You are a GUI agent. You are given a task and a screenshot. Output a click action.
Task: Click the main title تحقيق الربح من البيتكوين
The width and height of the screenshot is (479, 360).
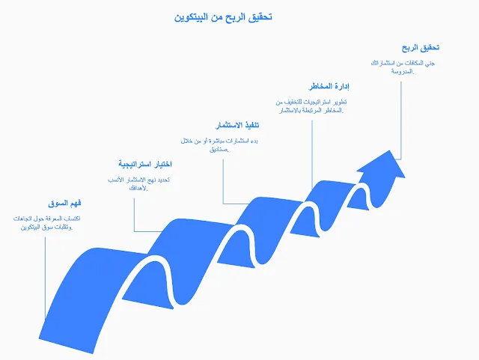coord(222,16)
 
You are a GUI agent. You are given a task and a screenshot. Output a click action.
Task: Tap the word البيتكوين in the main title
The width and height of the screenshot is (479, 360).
coord(192,16)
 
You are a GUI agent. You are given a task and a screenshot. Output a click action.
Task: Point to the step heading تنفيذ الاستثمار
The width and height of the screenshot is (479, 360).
coord(232,123)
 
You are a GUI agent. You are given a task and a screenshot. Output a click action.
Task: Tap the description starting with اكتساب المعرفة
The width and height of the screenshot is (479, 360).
coord(46,222)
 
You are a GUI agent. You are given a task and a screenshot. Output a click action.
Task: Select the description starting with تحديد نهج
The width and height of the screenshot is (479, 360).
coord(137,184)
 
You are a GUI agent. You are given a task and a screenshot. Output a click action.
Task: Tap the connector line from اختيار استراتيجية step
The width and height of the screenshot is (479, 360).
coord(134,213)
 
